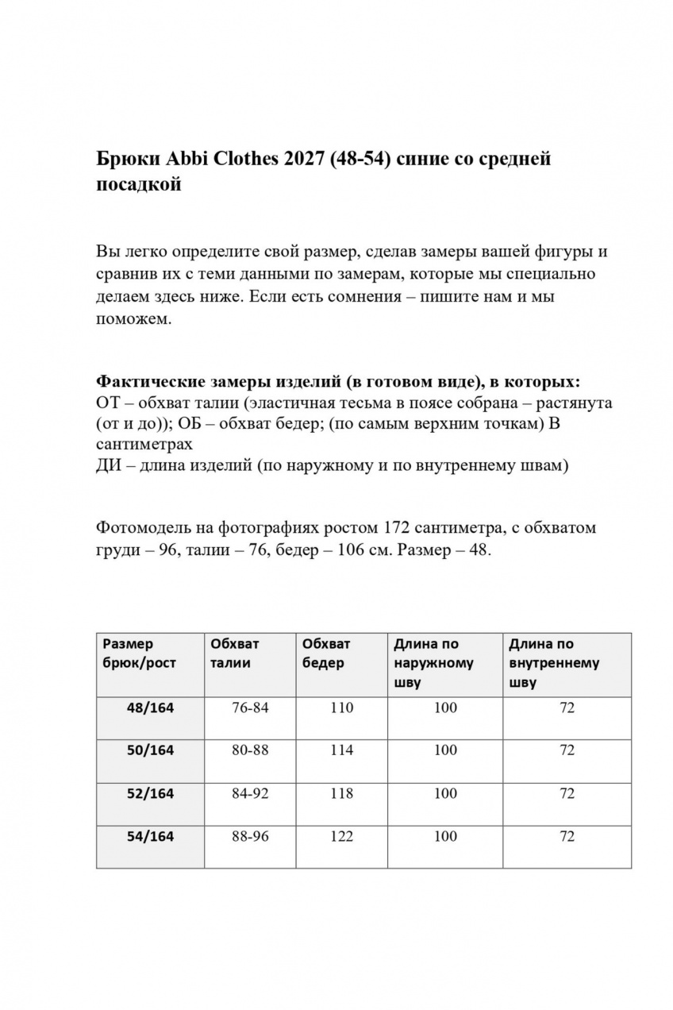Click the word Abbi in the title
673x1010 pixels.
tap(184, 159)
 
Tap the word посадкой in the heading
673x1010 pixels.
tap(139, 185)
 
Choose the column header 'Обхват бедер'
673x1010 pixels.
tap(326, 653)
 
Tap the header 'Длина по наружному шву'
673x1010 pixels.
tap(433, 663)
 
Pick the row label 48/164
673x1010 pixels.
tap(150, 707)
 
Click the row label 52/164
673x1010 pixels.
tap(150, 793)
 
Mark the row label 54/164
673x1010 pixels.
tap(150, 836)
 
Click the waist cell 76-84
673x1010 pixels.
tap(250, 707)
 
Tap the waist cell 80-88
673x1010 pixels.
tap(250, 750)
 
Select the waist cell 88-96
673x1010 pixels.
tap(250, 836)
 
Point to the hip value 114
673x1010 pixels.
tap(341, 750)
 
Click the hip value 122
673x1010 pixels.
tap(341, 836)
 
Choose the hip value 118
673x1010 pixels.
tap(341, 793)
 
